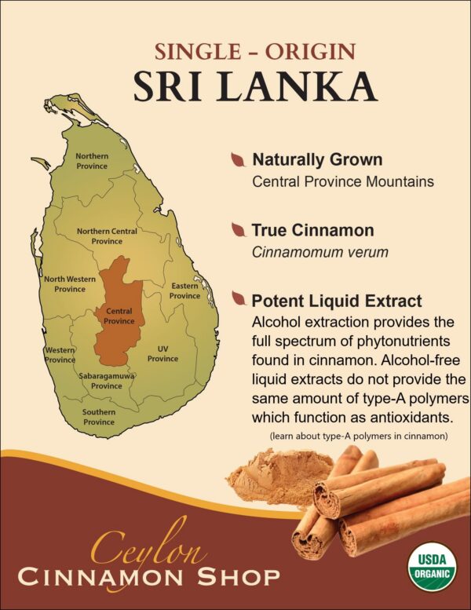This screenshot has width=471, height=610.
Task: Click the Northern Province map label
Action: [x=92, y=161]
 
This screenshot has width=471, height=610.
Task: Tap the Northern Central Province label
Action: [x=107, y=236]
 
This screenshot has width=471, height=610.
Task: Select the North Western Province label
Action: [x=70, y=284]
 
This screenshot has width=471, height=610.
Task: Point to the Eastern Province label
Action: [x=184, y=291]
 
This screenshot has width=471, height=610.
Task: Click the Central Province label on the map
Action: [x=119, y=316]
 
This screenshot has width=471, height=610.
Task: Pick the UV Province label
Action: [x=162, y=353]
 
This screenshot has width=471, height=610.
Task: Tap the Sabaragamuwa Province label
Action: [x=107, y=382]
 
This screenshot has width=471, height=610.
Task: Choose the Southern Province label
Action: [x=99, y=417]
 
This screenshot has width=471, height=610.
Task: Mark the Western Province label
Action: [x=60, y=355]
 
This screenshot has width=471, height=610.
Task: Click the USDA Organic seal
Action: [x=431, y=565]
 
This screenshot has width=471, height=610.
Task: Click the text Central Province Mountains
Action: [x=343, y=181]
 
